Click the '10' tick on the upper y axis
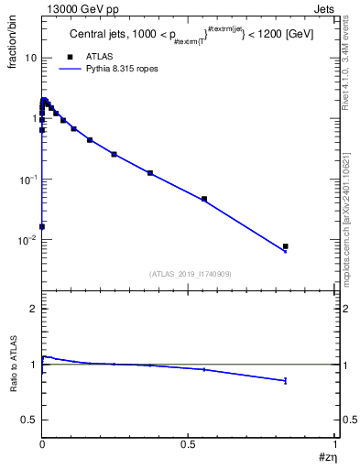29,58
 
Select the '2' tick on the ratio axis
33,310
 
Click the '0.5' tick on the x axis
188,443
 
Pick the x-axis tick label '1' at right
334,443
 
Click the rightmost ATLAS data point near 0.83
286,246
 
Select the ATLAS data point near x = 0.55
204,199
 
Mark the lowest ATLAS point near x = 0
42,226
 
